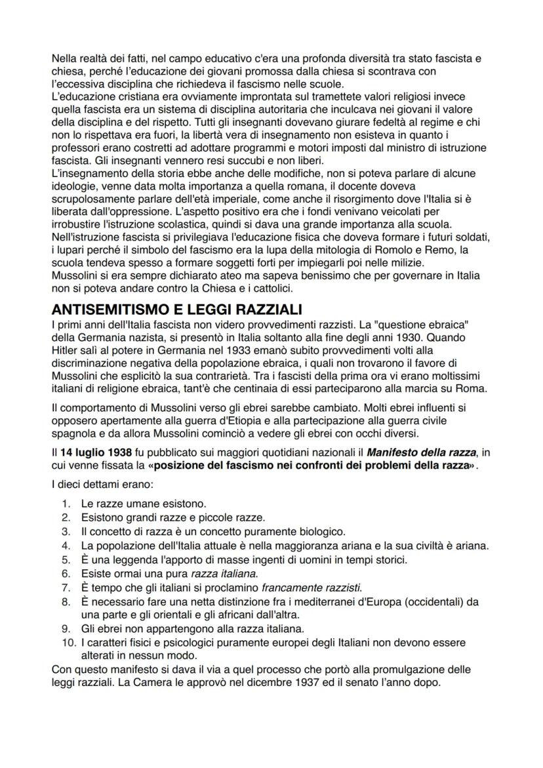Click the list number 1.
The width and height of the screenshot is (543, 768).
click(66, 504)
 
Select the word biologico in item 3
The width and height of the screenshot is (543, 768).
click(320, 531)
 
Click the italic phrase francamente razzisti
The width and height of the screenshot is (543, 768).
click(310, 585)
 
